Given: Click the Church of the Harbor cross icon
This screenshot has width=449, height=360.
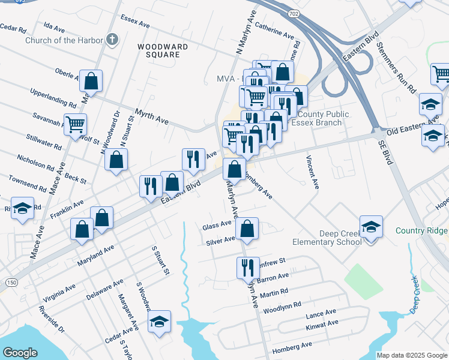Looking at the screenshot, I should coord(110,40).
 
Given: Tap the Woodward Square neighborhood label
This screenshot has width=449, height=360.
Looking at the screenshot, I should coord(158,50).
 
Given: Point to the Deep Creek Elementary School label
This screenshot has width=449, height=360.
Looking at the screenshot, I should coord(327,237).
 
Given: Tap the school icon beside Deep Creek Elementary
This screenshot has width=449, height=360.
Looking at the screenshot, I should coord(371,227).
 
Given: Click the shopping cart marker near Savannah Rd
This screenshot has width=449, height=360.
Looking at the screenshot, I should coord(76,125).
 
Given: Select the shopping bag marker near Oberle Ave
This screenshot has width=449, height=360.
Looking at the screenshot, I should coord(91,80).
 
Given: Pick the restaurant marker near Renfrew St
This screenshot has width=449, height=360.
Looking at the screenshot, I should coord(248,266).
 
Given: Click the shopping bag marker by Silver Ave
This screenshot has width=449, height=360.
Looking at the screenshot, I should coord(247,229).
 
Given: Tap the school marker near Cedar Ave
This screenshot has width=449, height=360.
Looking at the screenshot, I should coord(159,322).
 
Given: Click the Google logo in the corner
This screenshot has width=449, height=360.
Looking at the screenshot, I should coord(20,353).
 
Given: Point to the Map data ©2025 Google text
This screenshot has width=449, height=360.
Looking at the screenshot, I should coord(411,355).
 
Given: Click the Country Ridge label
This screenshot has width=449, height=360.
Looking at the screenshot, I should coord(421,231).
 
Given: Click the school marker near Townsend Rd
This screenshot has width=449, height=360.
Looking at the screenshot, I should coord(22,208).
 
